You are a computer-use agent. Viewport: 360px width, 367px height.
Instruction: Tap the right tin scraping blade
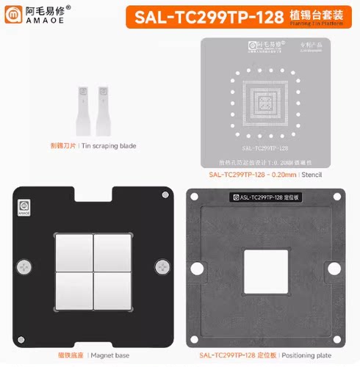pyautogui.click(x=102, y=106)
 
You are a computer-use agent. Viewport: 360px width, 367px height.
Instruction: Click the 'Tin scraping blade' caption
pyautogui.click(x=109, y=146)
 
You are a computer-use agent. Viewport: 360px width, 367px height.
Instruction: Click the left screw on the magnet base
pyautogui.click(x=26, y=266)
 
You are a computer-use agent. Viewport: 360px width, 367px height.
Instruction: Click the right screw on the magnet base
pyautogui.click(x=161, y=266)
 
